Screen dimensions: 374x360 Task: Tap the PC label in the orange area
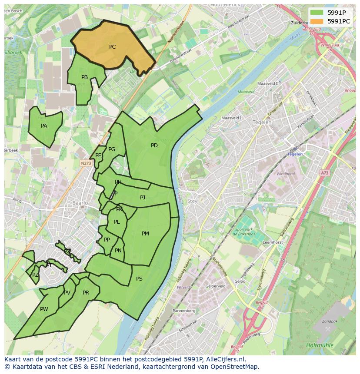coord(112,47)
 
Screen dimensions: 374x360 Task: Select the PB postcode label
coord(84,77)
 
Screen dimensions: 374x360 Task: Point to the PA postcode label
coord(44,126)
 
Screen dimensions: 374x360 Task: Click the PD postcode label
coord(154,146)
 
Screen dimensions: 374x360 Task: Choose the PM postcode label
coord(145,234)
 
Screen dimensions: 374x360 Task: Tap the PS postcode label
coord(139,279)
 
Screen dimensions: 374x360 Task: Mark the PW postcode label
coord(44,309)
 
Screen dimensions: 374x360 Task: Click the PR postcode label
coord(86,293)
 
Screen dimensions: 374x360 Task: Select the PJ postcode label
coord(143,198)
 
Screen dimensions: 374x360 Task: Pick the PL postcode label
coord(117,222)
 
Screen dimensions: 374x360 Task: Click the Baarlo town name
coord(80,203)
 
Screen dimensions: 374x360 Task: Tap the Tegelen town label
coord(262,122)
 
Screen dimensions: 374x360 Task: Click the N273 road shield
coord(86,163)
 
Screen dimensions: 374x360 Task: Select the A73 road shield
coord(325,173)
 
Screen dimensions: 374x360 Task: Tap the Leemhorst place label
coord(273,242)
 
